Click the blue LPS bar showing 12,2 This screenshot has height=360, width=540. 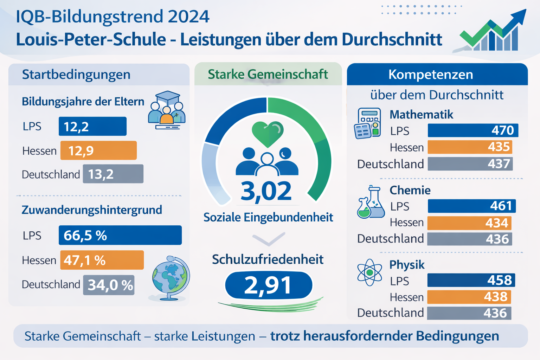[92, 126]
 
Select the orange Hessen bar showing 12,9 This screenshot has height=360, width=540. [98, 150]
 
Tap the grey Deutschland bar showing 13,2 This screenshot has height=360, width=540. [113, 174]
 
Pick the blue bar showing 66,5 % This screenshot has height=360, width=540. [120, 235]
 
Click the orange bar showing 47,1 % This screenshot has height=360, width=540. [102, 260]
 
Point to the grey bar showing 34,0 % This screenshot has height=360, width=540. [109, 285]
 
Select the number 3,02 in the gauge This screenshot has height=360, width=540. [266, 191]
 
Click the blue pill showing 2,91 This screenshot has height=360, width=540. [269, 285]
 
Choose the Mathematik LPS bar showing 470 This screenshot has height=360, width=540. [473, 130]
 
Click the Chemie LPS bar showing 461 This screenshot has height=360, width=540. [472, 206]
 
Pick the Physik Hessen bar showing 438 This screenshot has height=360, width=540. [469, 297]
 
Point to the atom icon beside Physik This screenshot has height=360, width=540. [369, 272]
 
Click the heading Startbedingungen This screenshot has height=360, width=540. [76, 75]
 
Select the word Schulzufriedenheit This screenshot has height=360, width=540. [268, 259]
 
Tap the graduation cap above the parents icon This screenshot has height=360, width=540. [168, 97]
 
